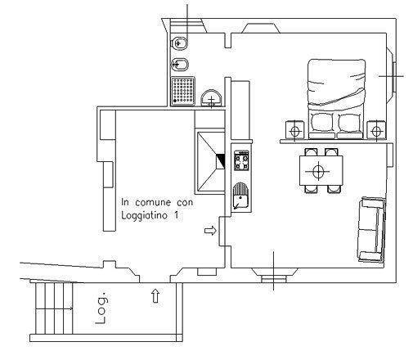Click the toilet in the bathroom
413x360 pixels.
pos(179,43)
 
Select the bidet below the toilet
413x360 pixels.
pos(179,65)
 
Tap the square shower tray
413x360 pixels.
pos(182,91)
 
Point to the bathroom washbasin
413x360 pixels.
pos(211,98)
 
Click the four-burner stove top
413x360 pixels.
pos(241,160)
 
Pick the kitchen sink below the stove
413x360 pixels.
pos(240,196)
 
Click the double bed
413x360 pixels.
pos(336,99)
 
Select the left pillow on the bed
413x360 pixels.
pos(322,123)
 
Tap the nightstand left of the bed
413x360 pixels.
pos(294,130)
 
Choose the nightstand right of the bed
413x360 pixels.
pos(376,130)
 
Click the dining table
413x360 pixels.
pos(321,171)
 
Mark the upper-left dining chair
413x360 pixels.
pos(311,152)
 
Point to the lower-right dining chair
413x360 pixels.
pos(334,189)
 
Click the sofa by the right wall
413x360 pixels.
pos(371,230)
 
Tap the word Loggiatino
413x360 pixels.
pos(144,216)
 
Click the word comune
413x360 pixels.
pos(153,202)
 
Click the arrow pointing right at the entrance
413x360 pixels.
pos(210,231)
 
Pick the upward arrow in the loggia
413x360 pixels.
pos(155,296)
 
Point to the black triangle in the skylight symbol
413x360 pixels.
pos(222,161)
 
